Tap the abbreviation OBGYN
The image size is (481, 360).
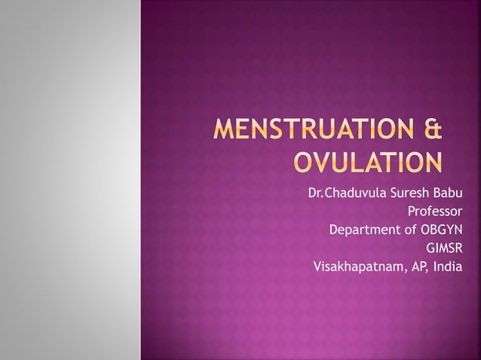click(x=441, y=228)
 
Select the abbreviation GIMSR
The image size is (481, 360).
click(x=443, y=247)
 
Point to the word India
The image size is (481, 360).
click(x=446, y=266)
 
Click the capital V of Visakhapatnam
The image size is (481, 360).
click(x=317, y=266)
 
